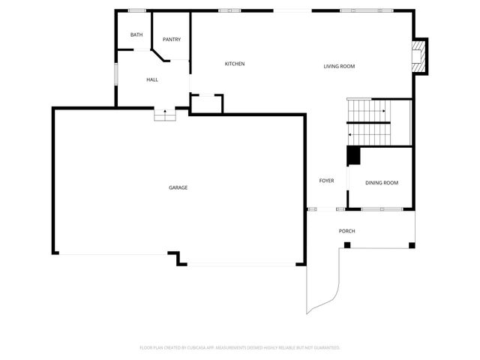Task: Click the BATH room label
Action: click(136, 35)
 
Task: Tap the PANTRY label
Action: click(172, 40)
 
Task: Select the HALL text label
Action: click(152, 79)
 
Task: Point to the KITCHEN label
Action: click(235, 64)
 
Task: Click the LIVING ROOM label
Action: click(339, 67)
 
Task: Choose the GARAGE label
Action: click(178, 187)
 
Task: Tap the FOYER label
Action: click(326, 181)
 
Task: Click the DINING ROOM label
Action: click(381, 183)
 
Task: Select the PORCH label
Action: click(346, 231)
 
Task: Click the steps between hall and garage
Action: click(164, 115)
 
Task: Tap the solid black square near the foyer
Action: click(352, 155)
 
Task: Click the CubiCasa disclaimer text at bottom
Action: click(240, 348)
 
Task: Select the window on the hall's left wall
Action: click(115, 76)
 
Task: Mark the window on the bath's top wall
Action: click(136, 10)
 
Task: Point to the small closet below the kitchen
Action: click(206, 103)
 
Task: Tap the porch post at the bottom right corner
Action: click(411, 245)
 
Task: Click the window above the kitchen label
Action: click(229, 10)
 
